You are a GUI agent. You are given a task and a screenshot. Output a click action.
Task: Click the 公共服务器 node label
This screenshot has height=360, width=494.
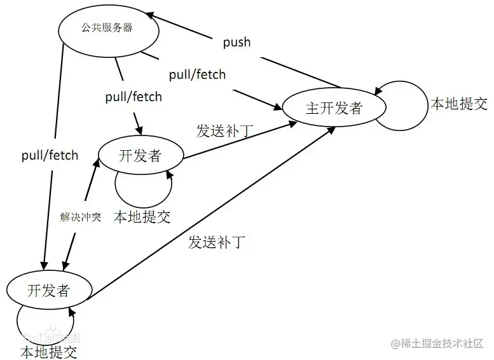(107, 28)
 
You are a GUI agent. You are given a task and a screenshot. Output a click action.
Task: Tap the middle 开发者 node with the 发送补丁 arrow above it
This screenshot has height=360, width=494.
(141, 155)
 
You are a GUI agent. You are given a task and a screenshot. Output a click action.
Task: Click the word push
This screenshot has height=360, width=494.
(237, 42)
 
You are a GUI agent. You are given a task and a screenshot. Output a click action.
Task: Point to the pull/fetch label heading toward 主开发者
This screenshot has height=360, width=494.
(198, 75)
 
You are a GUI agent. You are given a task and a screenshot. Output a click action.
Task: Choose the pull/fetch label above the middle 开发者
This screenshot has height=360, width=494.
(134, 97)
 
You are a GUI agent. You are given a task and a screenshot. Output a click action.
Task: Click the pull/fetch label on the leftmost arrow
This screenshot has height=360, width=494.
(50, 155)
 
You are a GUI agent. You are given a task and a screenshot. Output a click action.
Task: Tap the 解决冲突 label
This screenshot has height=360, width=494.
(81, 217)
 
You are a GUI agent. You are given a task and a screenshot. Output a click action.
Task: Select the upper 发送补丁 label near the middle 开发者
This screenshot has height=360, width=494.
(224, 130)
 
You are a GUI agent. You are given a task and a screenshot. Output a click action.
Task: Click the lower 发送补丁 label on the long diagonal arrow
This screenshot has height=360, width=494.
(216, 242)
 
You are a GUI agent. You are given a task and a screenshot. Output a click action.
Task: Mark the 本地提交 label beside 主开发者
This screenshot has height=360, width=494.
(459, 104)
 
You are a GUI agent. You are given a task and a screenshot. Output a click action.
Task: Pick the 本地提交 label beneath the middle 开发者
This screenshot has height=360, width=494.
(142, 217)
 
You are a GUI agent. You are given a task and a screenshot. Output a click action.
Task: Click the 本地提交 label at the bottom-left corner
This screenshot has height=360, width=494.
(49, 352)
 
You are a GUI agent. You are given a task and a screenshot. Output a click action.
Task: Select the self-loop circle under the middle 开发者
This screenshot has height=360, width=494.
(115, 186)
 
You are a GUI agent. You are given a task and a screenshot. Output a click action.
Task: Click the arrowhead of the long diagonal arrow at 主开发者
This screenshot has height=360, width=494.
(331, 130)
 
